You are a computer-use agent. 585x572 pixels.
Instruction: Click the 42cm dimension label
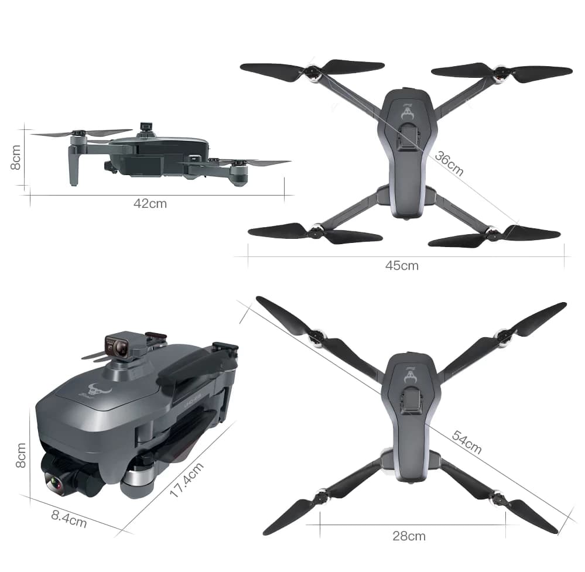(150, 204)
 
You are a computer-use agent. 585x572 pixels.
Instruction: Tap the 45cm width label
(402, 266)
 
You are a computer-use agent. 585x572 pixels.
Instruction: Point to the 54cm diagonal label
(467, 442)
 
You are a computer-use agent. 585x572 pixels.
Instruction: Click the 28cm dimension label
(409, 536)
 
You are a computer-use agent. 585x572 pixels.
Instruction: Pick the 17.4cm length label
(187, 480)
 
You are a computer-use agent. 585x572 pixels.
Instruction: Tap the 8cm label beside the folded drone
(21, 455)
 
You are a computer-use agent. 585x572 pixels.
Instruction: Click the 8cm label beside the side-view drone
(15, 157)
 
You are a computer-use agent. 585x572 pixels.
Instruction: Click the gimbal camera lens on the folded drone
(53, 482)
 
